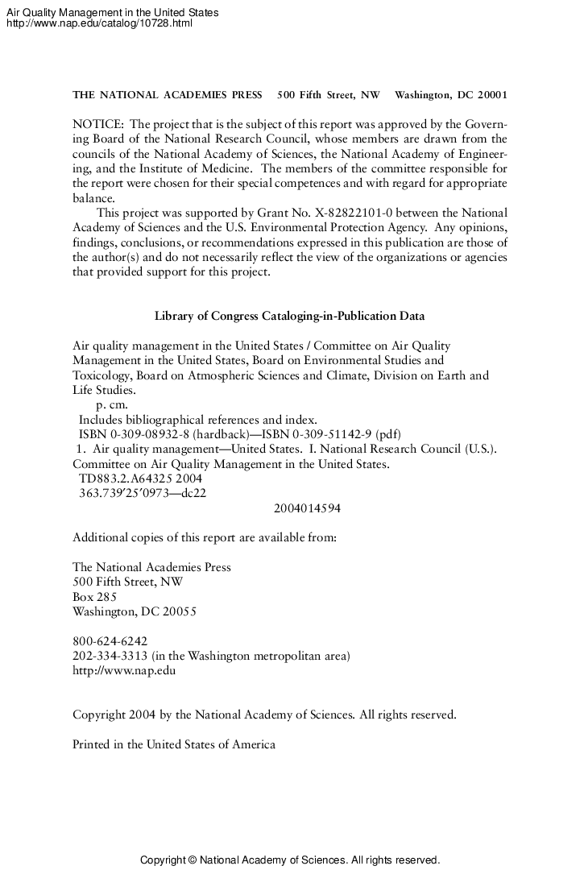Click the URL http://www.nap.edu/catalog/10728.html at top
click(x=99, y=23)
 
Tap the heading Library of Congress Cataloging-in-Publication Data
click(x=289, y=316)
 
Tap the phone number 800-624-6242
click(x=110, y=641)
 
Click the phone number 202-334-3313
click(x=110, y=656)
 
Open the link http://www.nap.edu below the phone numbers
click(x=124, y=670)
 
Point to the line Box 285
click(x=94, y=597)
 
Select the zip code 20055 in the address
click(x=179, y=611)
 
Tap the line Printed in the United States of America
click(x=174, y=744)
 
